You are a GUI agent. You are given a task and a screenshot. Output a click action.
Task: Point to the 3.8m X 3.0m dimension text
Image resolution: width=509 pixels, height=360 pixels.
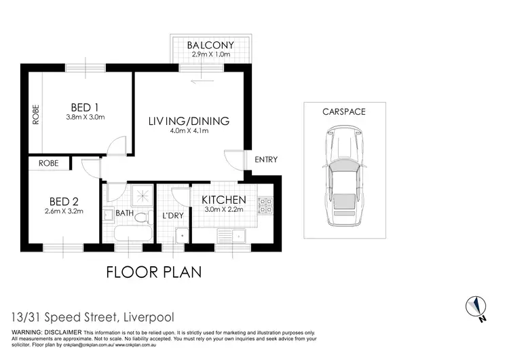(85, 118)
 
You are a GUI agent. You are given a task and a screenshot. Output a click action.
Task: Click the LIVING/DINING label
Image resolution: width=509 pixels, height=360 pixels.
(189, 121)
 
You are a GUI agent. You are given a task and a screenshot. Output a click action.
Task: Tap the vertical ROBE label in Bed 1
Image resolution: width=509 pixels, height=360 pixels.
(35, 115)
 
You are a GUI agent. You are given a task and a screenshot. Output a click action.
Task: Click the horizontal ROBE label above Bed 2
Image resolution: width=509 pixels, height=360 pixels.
(48, 163)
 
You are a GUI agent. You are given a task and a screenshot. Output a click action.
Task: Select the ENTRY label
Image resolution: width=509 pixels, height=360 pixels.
(265, 160)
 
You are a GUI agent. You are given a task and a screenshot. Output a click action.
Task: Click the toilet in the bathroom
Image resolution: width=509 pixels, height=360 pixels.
(140, 217)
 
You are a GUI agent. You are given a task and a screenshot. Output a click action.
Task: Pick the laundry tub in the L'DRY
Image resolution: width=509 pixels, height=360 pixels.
(180, 236)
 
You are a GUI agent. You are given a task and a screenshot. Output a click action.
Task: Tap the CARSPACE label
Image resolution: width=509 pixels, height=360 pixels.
(344, 111)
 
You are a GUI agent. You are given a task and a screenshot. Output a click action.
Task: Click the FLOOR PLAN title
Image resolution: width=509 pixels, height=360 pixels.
(154, 272)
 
